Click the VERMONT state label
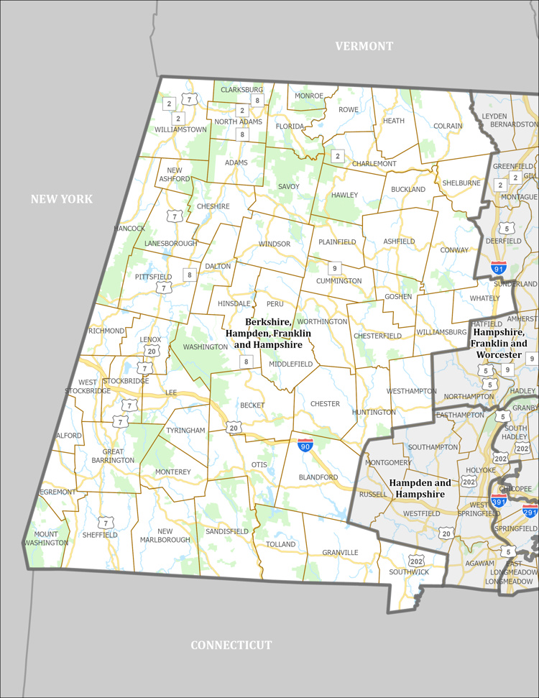coord(364,46)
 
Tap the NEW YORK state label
coord(61,198)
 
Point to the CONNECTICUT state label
coord(231,645)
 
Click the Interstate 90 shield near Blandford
coord(305,445)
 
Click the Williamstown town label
coord(180,129)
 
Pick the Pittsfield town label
coord(153,276)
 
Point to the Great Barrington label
coord(113,455)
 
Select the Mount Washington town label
coord(46,538)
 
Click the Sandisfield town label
coord(226,531)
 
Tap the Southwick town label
coord(409,571)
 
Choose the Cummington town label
coord(338,280)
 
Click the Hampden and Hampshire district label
coord(420,488)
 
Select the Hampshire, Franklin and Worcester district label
coord(497,344)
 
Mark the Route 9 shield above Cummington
coord(334,268)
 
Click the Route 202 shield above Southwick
coord(416,560)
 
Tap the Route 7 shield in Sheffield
coord(106,523)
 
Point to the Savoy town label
coord(288,186)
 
